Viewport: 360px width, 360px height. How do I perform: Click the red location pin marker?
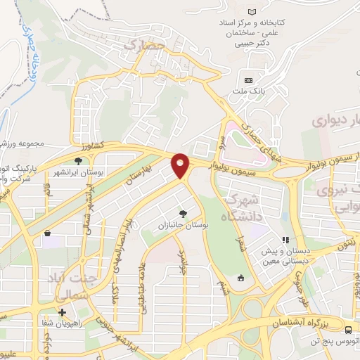pos(181,166)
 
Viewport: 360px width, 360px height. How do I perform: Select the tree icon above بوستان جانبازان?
pos(184,212)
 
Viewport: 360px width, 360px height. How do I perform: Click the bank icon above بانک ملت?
pos(248,79)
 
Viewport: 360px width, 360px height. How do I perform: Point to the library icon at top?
pos(252,11)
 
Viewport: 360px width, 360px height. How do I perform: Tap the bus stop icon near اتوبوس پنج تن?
pos(349,330)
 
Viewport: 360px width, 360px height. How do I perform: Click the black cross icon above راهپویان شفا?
pos(63,312)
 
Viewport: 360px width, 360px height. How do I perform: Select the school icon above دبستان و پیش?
pos(285,240)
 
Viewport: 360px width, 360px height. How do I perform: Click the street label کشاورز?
pos(91,146)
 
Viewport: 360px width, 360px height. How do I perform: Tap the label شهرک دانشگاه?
pos(239,209)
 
